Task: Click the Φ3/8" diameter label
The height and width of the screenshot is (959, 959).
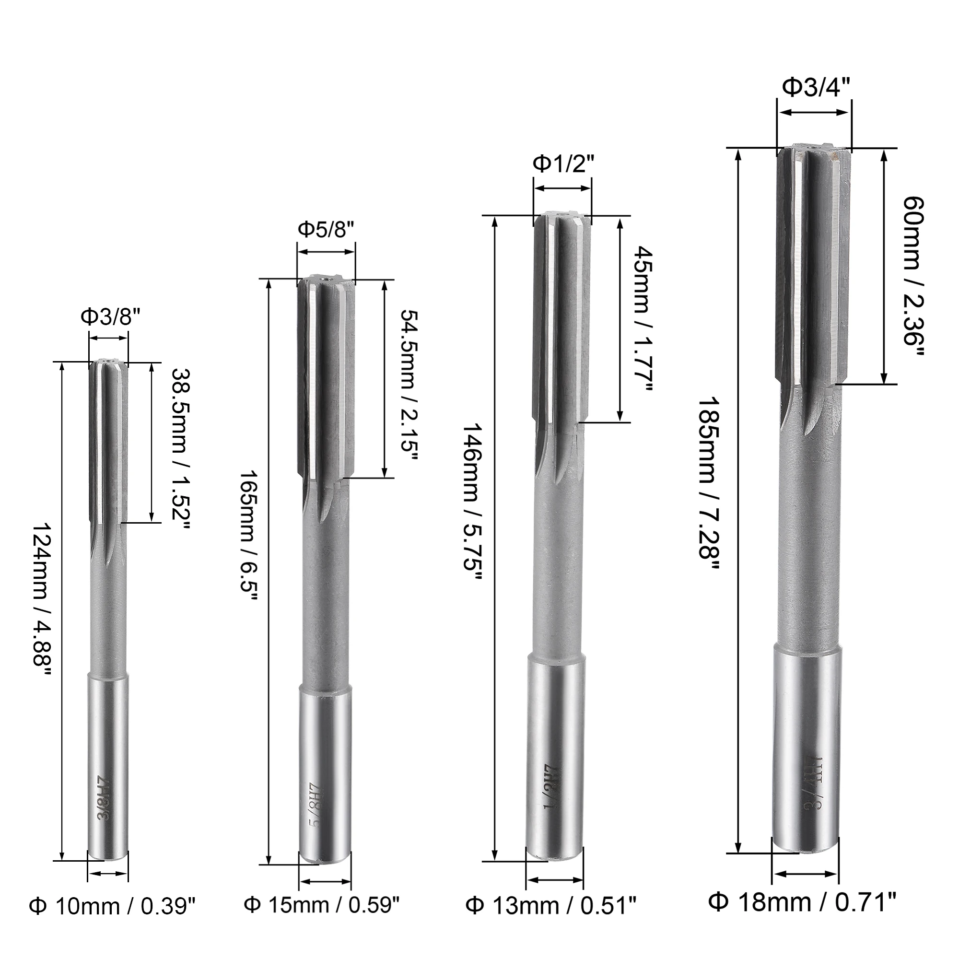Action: pyautogui.click(x=107, y=316)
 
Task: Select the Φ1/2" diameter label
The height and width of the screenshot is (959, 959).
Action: pyautogui.click(x=563, y=164)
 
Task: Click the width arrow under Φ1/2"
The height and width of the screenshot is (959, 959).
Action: pyautogui.click(x=563, y=188)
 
